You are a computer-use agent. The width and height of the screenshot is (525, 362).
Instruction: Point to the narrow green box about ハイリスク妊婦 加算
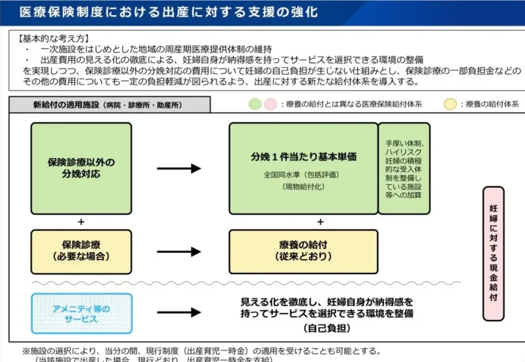404,167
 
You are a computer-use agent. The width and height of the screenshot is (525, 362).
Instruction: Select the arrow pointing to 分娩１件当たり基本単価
178,169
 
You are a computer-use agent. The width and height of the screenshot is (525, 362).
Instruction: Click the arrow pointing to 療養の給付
178,251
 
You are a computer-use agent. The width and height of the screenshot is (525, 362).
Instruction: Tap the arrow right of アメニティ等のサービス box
178,314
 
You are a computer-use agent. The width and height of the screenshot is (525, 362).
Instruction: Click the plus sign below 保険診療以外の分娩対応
81,221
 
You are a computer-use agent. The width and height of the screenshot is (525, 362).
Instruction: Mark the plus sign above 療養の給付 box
321,221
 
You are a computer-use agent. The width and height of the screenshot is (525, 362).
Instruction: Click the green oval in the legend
255,104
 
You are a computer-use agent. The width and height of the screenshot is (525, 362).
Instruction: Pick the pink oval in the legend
270,104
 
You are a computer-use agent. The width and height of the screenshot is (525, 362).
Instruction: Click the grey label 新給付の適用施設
109,105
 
